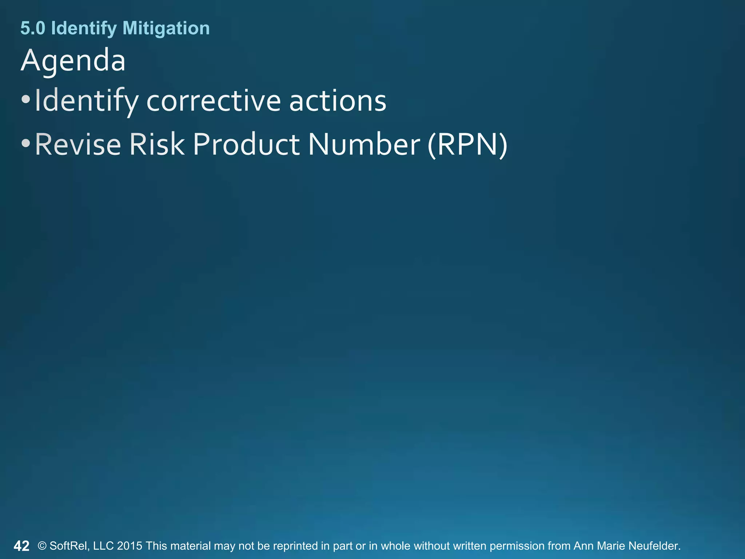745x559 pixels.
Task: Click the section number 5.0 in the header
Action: [x=33, y=28]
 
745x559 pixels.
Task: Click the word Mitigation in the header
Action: [x=166, y=28]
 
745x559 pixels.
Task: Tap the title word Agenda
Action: [x=73, y=60]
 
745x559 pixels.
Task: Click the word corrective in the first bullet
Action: [x=213, y=101]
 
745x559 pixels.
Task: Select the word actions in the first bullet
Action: [x=338, y=101]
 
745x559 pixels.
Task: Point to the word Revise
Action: [x=78, y=144]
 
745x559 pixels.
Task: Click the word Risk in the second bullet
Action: [x=157, y=144]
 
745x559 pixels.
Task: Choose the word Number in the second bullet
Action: [x=364, y=144]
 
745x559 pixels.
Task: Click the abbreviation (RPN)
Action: [x=467, y=145]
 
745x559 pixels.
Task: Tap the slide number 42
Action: [x=21, y=546]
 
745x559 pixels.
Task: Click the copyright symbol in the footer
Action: [x=42, y=546]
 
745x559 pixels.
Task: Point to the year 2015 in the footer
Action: [x=130, y=546]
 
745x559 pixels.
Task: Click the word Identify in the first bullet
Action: [x=87, y=102]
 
